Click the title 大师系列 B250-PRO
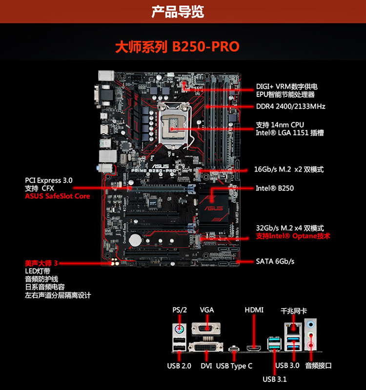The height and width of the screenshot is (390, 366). tap(177, 46)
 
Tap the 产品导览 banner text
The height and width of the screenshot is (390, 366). tap(178, 12)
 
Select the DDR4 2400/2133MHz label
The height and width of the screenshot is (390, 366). tap(290, 106)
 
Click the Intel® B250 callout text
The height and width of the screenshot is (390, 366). tap(275, 188)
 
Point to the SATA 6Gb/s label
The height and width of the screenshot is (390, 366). tap(275, 261)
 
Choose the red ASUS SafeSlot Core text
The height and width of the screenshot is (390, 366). tap(58, 196)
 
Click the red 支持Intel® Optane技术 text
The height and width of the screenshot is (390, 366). tap(293, 236)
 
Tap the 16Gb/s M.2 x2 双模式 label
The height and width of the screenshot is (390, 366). tap(289, 169)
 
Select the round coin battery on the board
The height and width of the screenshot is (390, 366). tap(135, 240)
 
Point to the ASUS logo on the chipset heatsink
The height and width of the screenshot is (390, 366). tap(214, 208)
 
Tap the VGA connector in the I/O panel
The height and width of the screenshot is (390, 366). tap(206, 328)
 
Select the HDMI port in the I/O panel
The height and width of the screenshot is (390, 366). tap(254, 348)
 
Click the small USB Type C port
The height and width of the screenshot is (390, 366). tap(234, 349)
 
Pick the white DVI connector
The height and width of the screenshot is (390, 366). tap(205, 347)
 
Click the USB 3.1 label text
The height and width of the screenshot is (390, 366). tap(275, 379)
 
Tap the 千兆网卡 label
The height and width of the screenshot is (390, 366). tap(294, 311)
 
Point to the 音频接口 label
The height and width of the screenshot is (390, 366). tap(319, 366)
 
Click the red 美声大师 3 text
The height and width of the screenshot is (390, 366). tap(41, 263)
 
